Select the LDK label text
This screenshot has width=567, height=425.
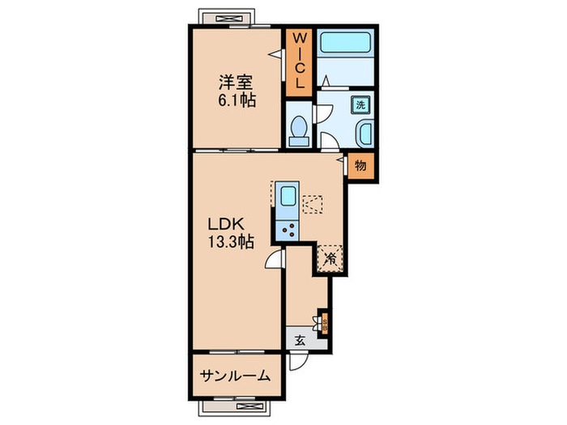click(x=226, y=223)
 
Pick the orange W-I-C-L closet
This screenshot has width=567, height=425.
click(x=299, y=61)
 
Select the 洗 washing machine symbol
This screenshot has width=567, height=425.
click(x=361, y=104)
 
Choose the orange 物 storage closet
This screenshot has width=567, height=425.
click(x=360, y=165)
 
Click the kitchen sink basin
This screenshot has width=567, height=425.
click(x=288, y=198)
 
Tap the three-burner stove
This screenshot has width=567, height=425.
click(x=288, y=229)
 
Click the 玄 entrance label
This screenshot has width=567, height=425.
click(x=299, y=340)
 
